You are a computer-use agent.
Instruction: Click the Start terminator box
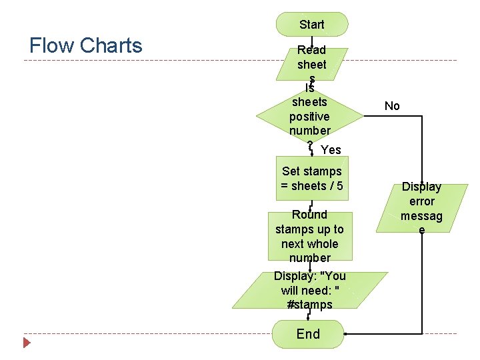click(312, 24)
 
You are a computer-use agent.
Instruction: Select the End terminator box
click(308, 333)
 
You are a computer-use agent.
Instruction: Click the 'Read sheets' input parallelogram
click(312, 63)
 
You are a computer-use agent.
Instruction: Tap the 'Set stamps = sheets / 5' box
click(312, 179)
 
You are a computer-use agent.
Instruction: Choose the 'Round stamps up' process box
click(310, 236)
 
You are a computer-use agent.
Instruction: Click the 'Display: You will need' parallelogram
click(310, 290)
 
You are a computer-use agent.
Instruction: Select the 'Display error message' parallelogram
click(421, 208)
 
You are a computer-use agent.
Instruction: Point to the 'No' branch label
click(392, 106)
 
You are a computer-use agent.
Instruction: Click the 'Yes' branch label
click(331, 150)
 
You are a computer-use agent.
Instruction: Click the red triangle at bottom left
click(27, 343)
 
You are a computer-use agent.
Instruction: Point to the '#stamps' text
click(309, 305)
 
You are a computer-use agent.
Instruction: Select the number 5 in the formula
click(340, 186)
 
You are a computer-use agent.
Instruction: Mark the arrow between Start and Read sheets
click(312, 41)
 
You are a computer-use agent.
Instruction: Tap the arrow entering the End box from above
click(308, 315)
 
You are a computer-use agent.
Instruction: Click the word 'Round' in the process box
click(309, 215)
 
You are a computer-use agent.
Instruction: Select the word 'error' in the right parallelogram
click(421, 201)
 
